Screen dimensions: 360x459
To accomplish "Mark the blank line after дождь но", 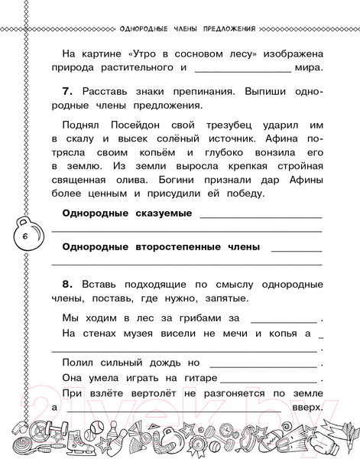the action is (x=264, y=364).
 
